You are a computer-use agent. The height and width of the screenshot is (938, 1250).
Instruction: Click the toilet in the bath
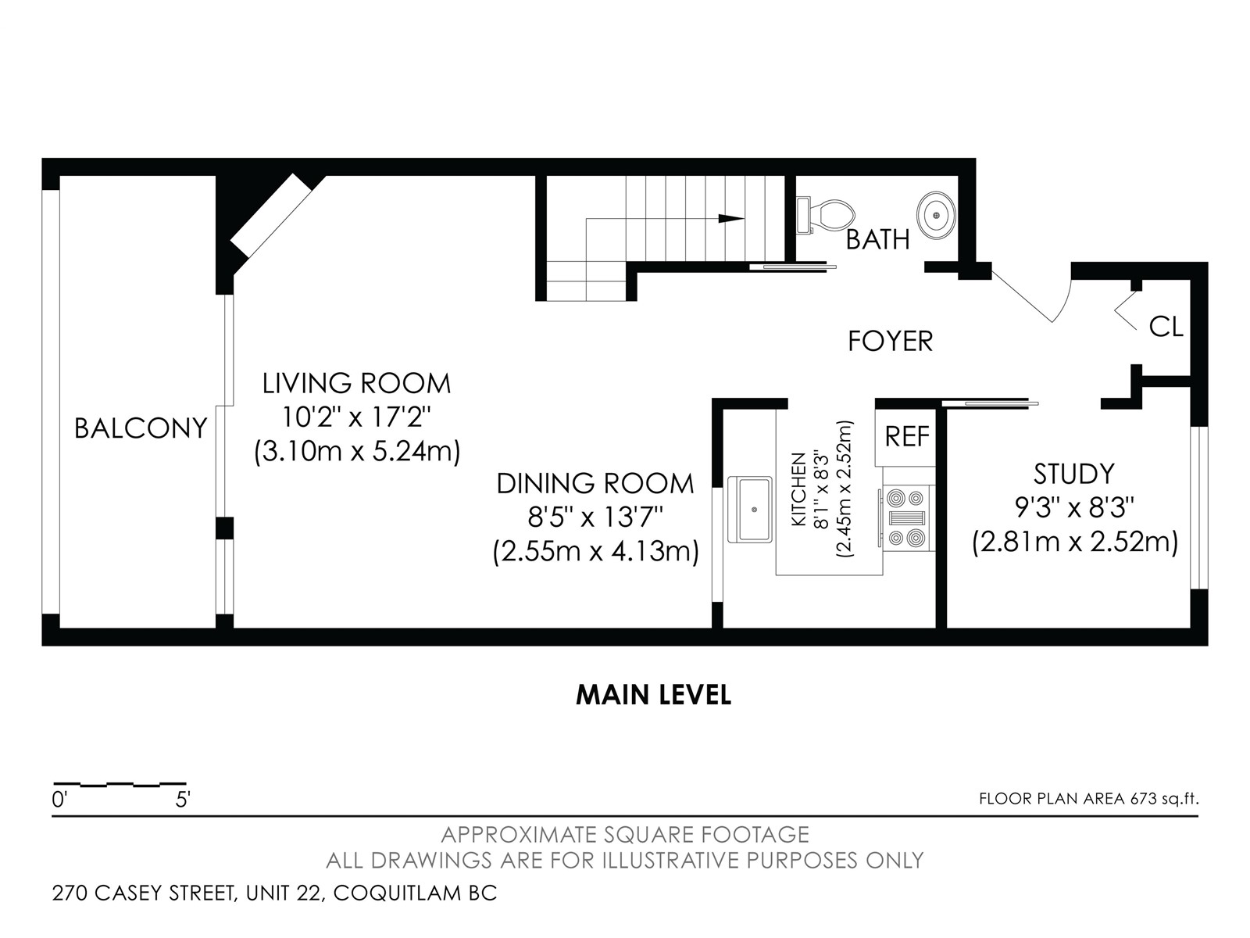[825, 215]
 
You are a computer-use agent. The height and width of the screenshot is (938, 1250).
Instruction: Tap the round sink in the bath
[936, 215]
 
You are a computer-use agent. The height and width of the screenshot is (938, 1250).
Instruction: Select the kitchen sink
[750, 509]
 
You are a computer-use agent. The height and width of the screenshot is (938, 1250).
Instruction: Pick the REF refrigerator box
[906, 437]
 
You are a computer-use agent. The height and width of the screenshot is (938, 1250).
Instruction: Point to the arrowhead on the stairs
[731, 219]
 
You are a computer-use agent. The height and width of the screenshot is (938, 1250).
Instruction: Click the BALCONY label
[141, 428]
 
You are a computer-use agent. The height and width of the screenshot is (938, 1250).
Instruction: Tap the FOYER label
[890, 341]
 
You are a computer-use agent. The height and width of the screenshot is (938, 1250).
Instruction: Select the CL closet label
[1166, 327]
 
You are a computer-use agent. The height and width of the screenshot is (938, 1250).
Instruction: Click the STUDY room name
[1074, 474]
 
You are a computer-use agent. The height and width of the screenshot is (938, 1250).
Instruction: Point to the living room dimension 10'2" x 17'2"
[356, 417]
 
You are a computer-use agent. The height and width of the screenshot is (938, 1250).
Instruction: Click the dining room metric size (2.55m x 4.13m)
[595, 551]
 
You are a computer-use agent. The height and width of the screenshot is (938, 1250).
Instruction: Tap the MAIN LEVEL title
[653, 696]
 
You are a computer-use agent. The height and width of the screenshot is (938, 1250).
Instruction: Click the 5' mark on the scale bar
[182, 800]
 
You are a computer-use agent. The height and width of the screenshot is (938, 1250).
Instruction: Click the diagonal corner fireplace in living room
[270, 215]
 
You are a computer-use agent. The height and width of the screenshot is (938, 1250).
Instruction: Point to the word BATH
[877, 240]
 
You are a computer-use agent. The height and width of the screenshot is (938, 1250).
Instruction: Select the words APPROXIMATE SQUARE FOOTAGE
[625, 835]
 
